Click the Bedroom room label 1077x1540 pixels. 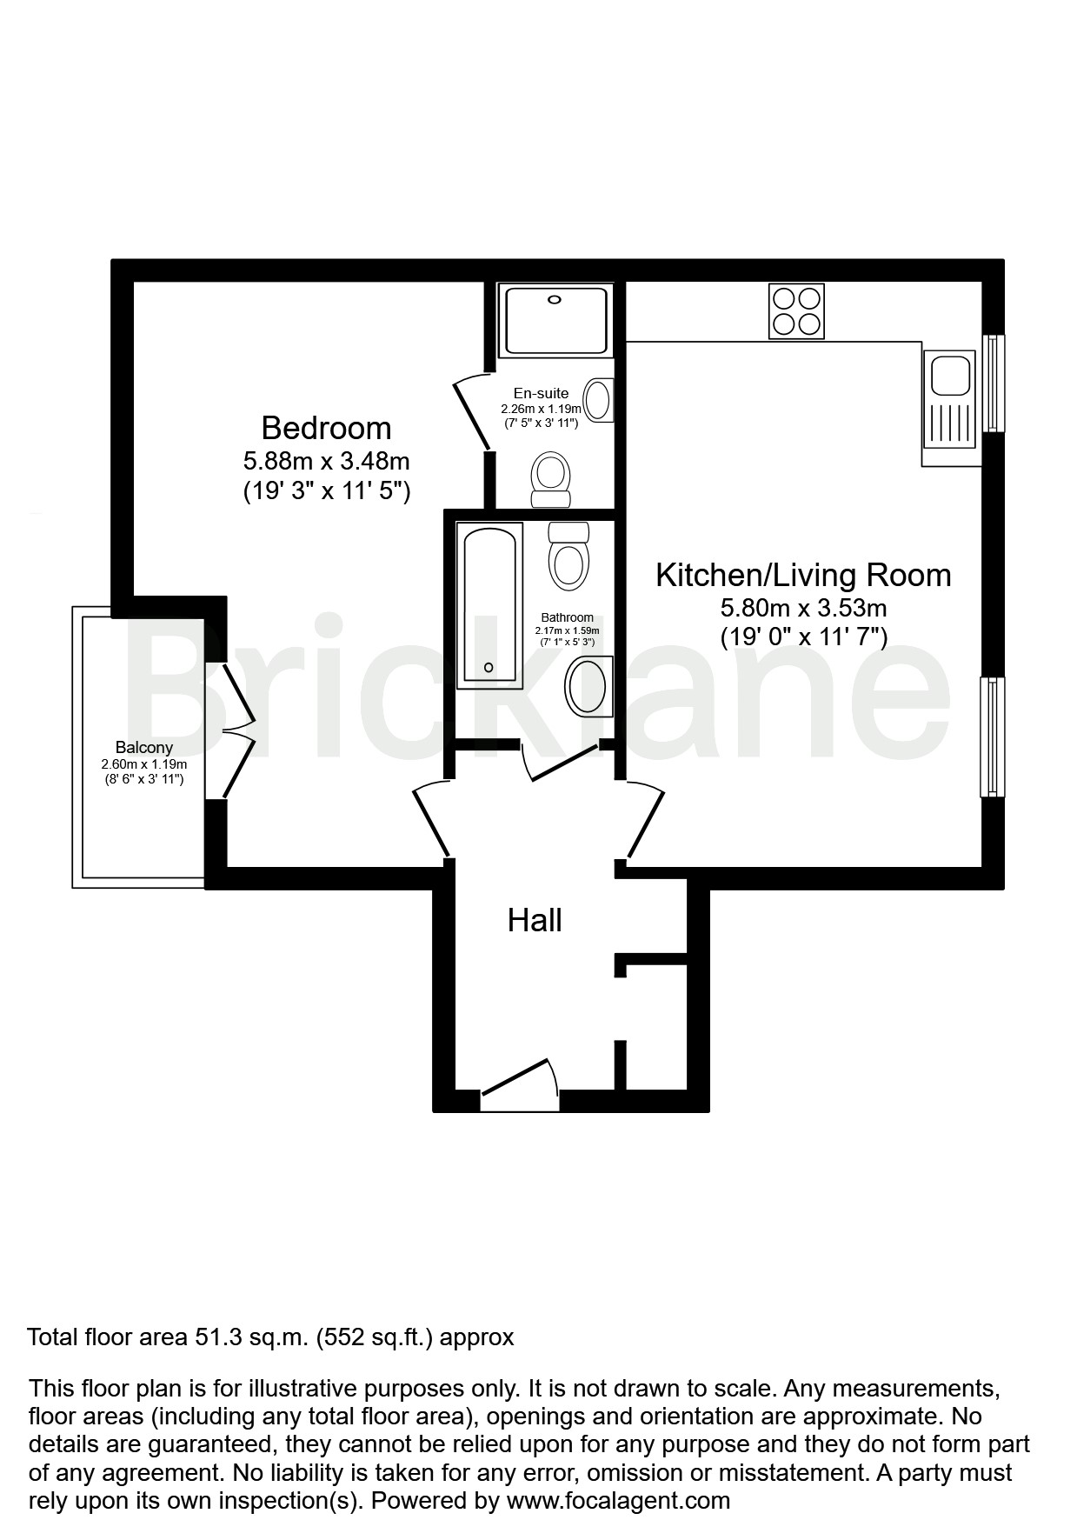[x=326, y=428]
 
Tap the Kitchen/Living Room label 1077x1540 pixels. [x=803, y=575]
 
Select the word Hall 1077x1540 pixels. [x=535, y=920]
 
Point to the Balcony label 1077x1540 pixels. [x=144, y=747]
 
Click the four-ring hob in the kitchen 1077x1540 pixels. [x=796, y=311]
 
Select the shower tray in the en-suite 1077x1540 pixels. [x=555, y=321]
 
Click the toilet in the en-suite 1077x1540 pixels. [x=550, y=480]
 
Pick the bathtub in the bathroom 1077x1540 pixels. [x=489, y=605]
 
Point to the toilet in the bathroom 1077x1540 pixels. [x=568, y=556]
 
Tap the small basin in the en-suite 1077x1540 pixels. [x=599, y=401]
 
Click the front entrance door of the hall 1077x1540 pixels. [x=520, y=1085]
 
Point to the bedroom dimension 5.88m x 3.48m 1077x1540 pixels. [x=326, y=460]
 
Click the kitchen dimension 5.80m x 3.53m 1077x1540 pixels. [x=803, y=608]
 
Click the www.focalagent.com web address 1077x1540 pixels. [x=618, y=1500]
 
